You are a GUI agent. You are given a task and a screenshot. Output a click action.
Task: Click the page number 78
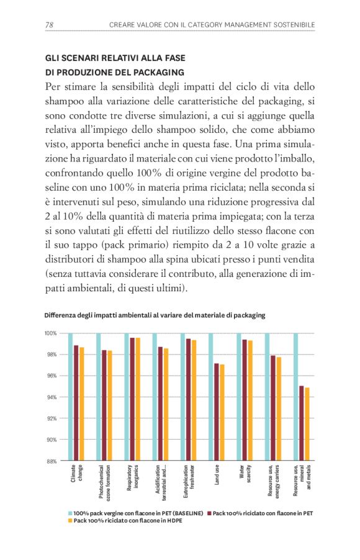point(50,25)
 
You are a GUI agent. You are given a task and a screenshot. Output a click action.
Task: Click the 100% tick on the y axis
point(51,333)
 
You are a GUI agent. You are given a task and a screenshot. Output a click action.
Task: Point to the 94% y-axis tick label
point(52,397)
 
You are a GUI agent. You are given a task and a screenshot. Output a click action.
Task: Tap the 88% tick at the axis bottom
point(52,461)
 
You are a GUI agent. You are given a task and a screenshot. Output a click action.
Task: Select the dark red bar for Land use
point(216,412)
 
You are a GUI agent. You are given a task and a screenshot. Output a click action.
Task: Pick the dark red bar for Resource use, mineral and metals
point(301,423)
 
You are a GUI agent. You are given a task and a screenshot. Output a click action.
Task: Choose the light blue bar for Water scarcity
point(238,397)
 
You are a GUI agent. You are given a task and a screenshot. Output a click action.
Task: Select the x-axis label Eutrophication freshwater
point(189,479)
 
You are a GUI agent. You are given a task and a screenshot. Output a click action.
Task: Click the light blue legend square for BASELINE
point(70,513)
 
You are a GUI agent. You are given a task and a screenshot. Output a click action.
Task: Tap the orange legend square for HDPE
point(70,521)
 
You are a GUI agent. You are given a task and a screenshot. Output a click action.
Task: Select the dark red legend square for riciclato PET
point(210,513)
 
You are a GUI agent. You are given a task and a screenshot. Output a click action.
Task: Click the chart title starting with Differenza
point(155,315)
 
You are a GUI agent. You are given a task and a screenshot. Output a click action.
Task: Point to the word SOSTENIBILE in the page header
point(291,25)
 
